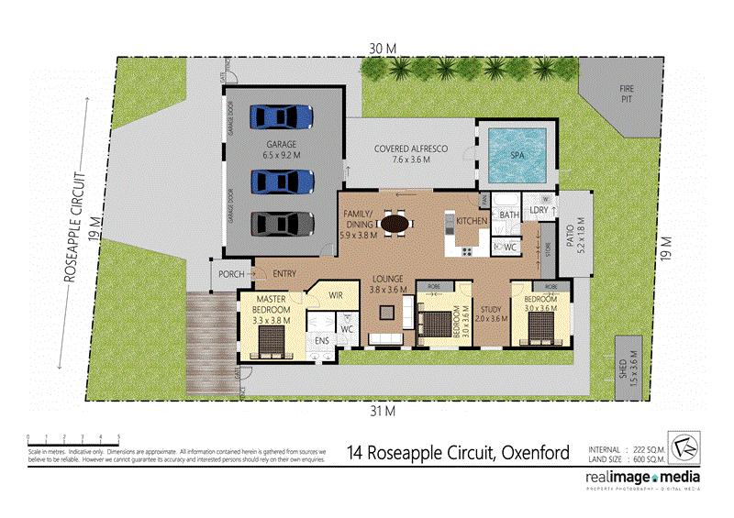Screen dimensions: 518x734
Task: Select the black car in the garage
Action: tap(281, 224)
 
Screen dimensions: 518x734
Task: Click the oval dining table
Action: tap(395, 222)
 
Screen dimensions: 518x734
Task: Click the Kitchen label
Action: tap(472, 221)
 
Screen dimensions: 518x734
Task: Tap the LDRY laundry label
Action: tap(539, 211)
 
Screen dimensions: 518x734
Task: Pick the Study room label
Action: tap(494, 314)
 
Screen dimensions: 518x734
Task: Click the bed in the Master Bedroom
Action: tap(270, 339)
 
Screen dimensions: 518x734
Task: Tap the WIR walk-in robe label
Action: tap(336, 295)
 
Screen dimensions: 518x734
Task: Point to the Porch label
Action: tap(230, 274)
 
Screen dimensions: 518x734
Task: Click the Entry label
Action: tap(284, 274)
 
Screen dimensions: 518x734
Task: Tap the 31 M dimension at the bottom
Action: tap(383, 411)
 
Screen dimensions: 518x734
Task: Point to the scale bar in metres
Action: tap(73, 438)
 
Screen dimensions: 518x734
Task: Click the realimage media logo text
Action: tap(643, 479)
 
